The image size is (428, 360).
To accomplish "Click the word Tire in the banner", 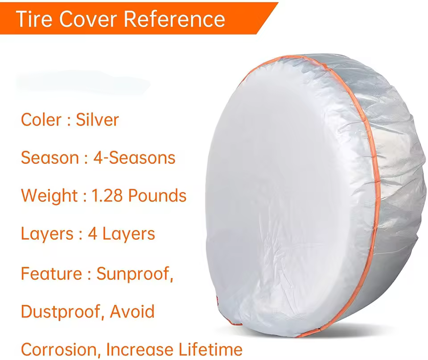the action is coord(34,19).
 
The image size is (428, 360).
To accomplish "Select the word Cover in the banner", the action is coord(88,19).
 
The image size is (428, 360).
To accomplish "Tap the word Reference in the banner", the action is coord(175,19).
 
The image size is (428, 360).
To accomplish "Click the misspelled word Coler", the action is coord(41,120).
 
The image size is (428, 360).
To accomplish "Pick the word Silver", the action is coord(97,120).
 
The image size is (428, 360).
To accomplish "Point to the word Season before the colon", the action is coord(50,158).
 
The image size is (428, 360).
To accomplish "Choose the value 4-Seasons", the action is coord(134,158).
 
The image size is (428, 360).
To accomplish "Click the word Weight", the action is coord(49,196).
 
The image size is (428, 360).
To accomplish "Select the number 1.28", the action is coord(107,196).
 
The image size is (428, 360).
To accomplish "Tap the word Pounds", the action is coord(157,196).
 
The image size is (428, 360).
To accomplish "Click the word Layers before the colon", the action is coord(47,234).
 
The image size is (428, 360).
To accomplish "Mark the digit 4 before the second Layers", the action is coord(93,234).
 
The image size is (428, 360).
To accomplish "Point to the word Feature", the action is coord(51,273).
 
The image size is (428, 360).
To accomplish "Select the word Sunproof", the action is coord(135,274).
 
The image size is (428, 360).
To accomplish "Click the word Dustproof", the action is coord(63,312).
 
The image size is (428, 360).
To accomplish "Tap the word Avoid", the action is coord(132,311).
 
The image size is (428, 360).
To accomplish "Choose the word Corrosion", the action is coord(60,350).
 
